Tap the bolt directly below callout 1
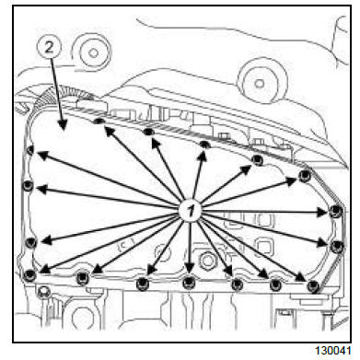[x=188, y=281]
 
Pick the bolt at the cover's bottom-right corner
[x=314, y=286]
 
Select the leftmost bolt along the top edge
[x=99, y=120]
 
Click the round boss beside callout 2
[x=91, y=52]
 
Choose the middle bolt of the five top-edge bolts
[x=205, y=145]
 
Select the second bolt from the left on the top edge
[x=148, y=133]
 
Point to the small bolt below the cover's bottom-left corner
[x=41, y=295]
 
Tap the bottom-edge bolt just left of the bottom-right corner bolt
[x=274, y=283]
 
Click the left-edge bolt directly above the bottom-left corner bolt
[x=29, y=242]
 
